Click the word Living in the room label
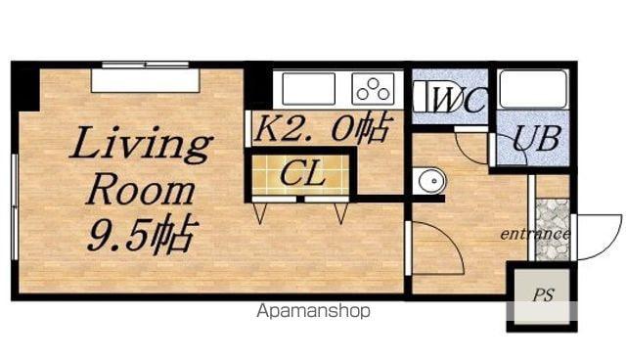pos(141,145)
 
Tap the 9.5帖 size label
pos(143,234)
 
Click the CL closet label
pos(302,174)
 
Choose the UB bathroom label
pos(536,139)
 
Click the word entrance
pos(535,234)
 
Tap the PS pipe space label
pos(543,295)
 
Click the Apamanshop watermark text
pos(313,311)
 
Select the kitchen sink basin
pos(308,89)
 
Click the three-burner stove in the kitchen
pos(373,89)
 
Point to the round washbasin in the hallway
pos(430,181)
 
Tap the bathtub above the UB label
pos(533,89)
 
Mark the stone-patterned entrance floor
pos(552,230)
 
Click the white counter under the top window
pos(146,81)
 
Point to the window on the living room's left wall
pos(15,207)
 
